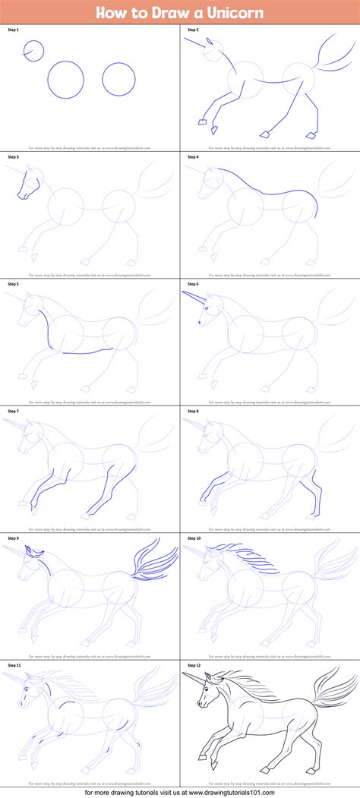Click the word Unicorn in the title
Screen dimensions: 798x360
[x=236, y=13]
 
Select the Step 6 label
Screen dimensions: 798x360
[x=191, y=283]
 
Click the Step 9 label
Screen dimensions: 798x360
[x=13, y=538]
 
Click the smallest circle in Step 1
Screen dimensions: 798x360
[x=33, y=51]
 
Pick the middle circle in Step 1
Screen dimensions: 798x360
[x=66, y=79]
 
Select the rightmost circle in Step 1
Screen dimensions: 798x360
[x=118, y=79]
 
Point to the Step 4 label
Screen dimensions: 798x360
[x=191, y=156]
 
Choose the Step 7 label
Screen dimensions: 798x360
[x=13, y=411]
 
